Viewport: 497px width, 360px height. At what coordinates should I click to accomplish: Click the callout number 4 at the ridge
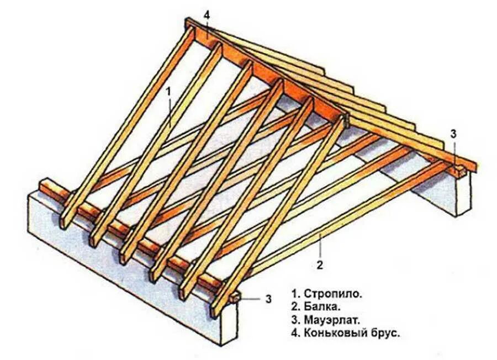[x=207, y=14]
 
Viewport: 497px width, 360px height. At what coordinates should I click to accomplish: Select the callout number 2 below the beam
[x=319, y=264]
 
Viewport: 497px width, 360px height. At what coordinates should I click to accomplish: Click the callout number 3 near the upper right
[x=453, y=133]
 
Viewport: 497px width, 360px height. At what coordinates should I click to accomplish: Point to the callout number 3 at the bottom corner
[x=268, y=299]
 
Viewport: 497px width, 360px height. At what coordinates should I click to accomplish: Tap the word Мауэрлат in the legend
[x=330, y=320]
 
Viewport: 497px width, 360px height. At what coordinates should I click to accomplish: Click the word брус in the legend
[x=385, y=333]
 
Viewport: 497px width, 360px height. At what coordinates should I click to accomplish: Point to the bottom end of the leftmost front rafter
[x=65, y=221]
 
